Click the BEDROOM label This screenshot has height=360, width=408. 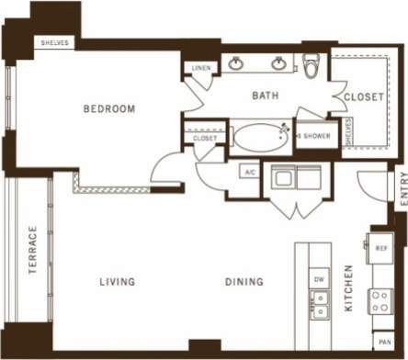pos(108,109)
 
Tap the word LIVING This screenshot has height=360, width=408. pos(119,282)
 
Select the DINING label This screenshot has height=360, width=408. pos(244,282)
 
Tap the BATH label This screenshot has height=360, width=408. pos(266,95)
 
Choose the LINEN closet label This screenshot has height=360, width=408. pos(200,69)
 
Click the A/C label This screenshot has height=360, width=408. pos(249,172)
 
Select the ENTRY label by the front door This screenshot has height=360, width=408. pos(402,189)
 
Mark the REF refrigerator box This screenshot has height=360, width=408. pos(381,247)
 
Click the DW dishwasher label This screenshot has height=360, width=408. pos(319,279)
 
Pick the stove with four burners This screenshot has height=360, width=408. pos(380,301)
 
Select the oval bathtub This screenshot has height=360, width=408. pos(259,137)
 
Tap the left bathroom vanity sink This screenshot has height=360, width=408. pos(236,63)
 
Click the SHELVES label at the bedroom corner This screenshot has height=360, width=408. pos(55,43)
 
